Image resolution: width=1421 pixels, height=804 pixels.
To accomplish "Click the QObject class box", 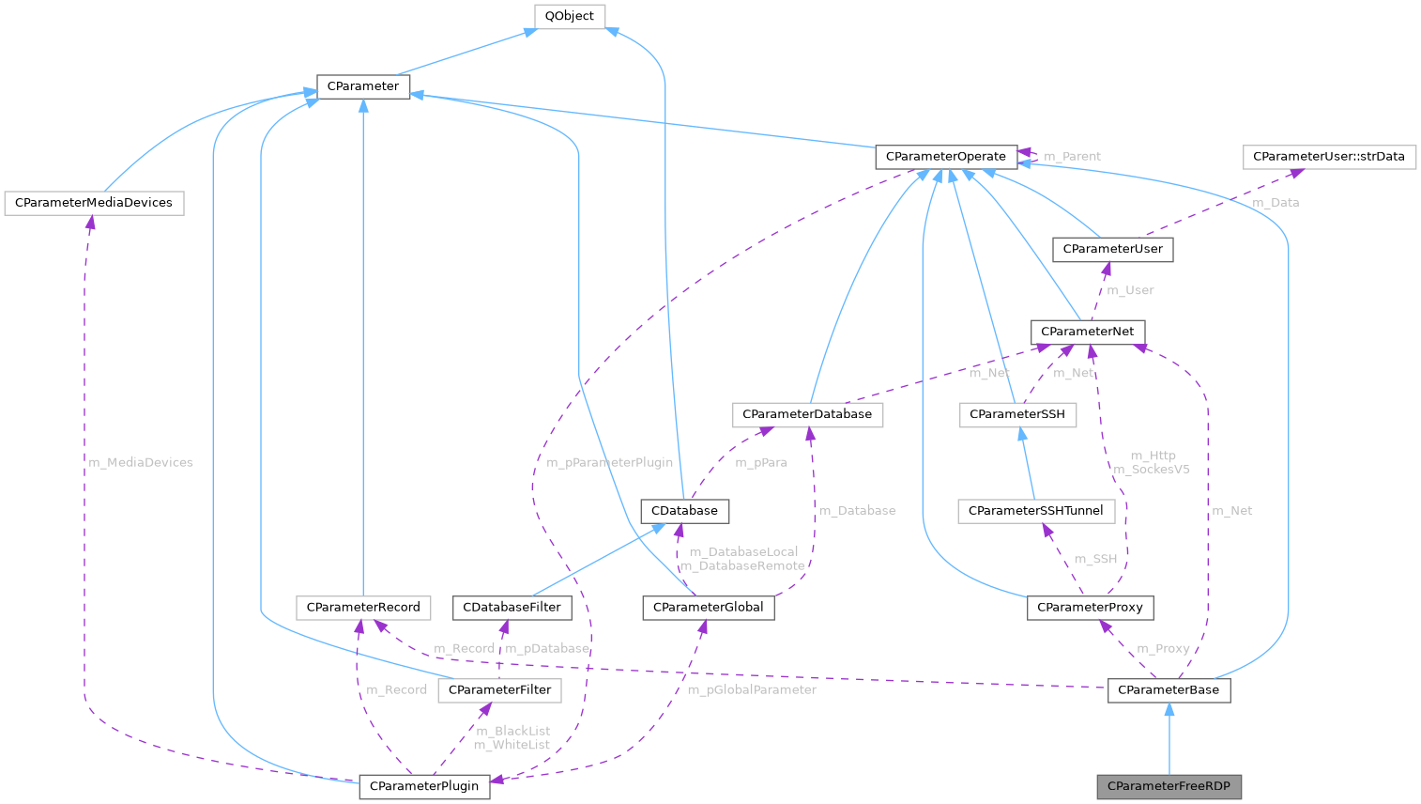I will [x=569, y=16].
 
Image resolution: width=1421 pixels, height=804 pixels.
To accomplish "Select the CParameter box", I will [x=362, y=86].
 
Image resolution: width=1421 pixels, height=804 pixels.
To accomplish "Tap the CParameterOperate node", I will [x=945, y=157].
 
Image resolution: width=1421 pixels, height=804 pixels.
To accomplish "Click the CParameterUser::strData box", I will [x=1328, y=157].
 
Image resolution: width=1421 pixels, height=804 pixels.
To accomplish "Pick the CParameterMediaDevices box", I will [x=94, y=203].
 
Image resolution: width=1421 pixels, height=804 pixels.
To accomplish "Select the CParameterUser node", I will [x=1112, y=249].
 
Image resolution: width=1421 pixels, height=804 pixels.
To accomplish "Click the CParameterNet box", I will [x=1087, y=332].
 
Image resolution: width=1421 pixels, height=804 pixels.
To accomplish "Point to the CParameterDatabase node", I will [x=806, y=414].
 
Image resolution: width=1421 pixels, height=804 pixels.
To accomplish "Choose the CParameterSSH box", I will [x=1016, y=414].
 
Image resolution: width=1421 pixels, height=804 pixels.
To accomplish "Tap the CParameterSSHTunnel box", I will [x=1035, y=511].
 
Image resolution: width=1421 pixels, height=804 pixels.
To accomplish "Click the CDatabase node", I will [x=684, y=511].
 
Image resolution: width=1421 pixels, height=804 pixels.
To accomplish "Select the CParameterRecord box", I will [x=363, y=608].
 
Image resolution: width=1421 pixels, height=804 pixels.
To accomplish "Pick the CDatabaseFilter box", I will [x=512, y=608].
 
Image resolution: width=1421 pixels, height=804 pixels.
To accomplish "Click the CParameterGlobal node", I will [x=708, y=608].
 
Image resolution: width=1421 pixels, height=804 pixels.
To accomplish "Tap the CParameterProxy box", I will [x=1090, y=608].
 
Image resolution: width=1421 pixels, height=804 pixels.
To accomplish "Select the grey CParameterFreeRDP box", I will [x=1169, y=786].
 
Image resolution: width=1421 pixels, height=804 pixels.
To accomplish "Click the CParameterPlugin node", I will [x=424, y=786].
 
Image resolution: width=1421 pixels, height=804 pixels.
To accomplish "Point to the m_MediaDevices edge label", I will [x=140, y=462].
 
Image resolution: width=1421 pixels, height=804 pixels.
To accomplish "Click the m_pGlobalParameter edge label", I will [x=752, y=689].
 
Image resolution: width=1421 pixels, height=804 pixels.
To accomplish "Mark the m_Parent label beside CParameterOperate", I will [x=1072, y=156].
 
